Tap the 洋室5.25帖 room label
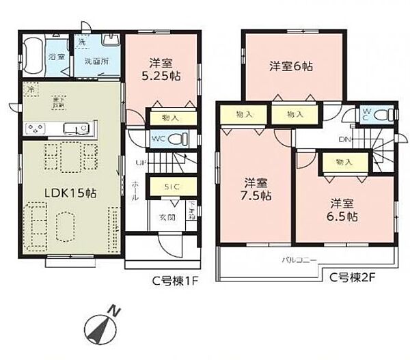coord(160,68)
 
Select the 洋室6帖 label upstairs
coord(290,66)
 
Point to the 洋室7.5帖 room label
coord(258,189)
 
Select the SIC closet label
coord(172,186)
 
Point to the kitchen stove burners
coord(36,128)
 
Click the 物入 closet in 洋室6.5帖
coord(344,162)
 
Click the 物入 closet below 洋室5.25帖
coord(171,117)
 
